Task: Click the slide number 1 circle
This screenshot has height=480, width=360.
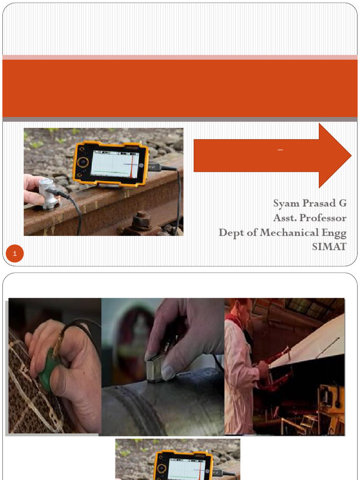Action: tap(15, 253)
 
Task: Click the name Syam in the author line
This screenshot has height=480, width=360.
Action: tap(285, 204)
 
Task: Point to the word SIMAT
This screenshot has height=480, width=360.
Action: tap(330, 247)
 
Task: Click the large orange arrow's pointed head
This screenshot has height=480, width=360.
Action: tap(352, 156)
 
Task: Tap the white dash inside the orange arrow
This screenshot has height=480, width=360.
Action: tap(280, 150)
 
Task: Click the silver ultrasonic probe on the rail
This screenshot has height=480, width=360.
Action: tap(48, 194)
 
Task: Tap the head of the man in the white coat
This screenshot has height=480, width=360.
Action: tap(244, 310)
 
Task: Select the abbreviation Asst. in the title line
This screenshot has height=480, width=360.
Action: tap(285, 218)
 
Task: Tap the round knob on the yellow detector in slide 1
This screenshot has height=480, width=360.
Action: tap(82, 162)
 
